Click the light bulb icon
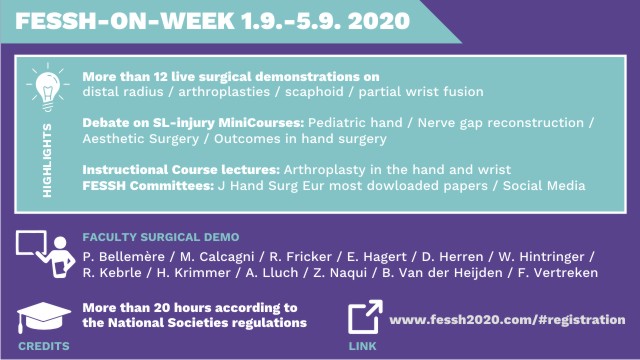pyautogui.click(x=48, y=87)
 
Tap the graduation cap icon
pyautogui.click(x=44, y=317)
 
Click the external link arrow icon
pyautogui.click(x=365, y=317)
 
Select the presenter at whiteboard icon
pyautogui.click(x=45, y=253)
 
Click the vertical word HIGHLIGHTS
pyautogui.click(x=47, y=160)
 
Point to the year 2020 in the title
pyautogui.click(x=379, y=21)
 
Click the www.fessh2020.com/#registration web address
pyautogui.click(x=507, y=320)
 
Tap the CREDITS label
pyautogui.click(x=44, y=346)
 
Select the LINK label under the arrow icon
pyautogui.click(x=362, y=346)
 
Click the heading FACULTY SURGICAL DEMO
pyautogui.click(x=161, y=237)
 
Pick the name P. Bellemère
pyautogui.click(x=124, y=257)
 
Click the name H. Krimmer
pyautogui.click(x=193, y=273)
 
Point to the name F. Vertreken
pyautogui.click(x=558, y=273)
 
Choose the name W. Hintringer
pyautogui.click(x=541, y=257)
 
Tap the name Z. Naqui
pyautogui.click(x=340, y=273)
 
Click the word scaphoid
pyautogui.click(x=314, y=91)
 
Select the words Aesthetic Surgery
pyautogui.click(x=141, y=139)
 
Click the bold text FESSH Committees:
pyautogui.click(x=148, y=186)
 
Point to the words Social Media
pyautogui.click(x=544, y=186)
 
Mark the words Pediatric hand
pyautogui.click(x=355, y=122)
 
